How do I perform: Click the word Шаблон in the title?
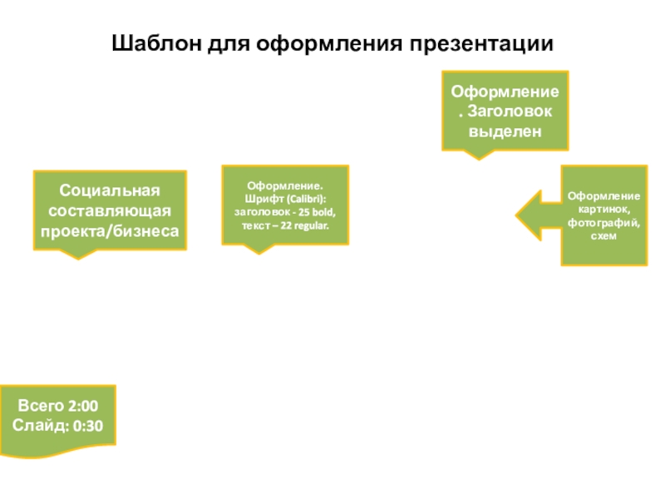tap(156, 43)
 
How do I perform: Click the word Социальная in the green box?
tap(110, 190)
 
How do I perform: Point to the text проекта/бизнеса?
tap(110, 231)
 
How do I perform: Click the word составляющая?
tap(110, 211)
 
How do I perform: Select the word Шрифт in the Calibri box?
tap(259, 199)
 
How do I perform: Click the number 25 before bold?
tap(304, 212)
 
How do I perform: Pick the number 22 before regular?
tap(286, 225)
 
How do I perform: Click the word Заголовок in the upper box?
tap(510, 111)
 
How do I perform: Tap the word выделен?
tap(505, 131)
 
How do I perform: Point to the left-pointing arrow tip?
tap(516, 215)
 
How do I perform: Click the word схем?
tap(603, 236)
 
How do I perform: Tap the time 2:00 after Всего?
tap(83, 406)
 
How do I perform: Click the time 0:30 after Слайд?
tap(88, 426)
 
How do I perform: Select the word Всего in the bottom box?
tap(41, 406)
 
